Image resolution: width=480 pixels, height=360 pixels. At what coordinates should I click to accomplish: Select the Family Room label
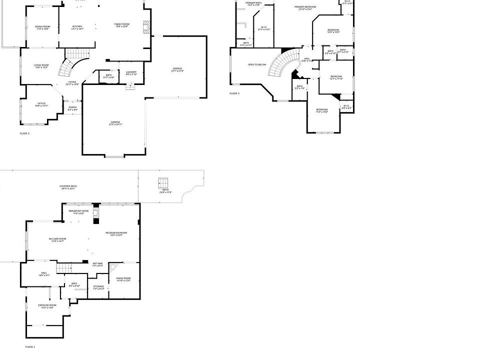click(x=121, y=25)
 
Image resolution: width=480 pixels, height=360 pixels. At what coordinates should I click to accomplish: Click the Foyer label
click(x=72, y=83)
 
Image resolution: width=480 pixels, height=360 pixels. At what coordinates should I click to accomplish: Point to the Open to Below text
click(x=257, y=64)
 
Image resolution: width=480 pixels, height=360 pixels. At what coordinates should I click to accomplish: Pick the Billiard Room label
click(x=57, y=240)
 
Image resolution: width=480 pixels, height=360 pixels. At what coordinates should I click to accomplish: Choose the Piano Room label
click(x=123, y=279)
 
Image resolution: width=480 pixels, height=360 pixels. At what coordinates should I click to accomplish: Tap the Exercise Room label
click(x=47, y=306)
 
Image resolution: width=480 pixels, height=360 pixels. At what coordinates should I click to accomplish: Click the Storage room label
click(x=98, y=287)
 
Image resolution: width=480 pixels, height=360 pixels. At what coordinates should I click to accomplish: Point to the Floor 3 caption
click(x=234, y=93)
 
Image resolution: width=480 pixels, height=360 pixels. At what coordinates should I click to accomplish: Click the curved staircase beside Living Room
click(x=67, y=69)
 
